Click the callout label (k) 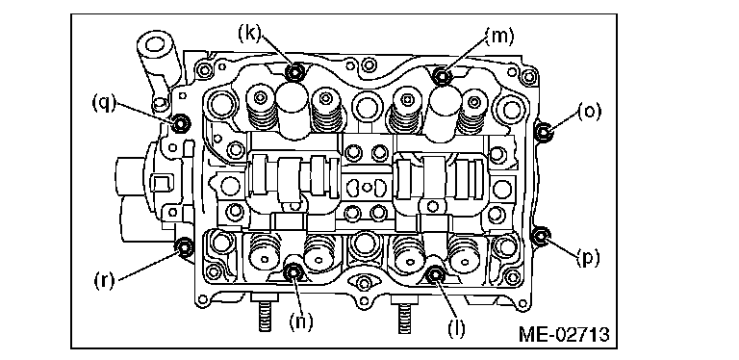250,35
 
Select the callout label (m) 499,36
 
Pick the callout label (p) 587,258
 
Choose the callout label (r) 105,281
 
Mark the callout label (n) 301,322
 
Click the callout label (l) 456,328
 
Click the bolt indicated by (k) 295,72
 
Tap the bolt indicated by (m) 442,75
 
